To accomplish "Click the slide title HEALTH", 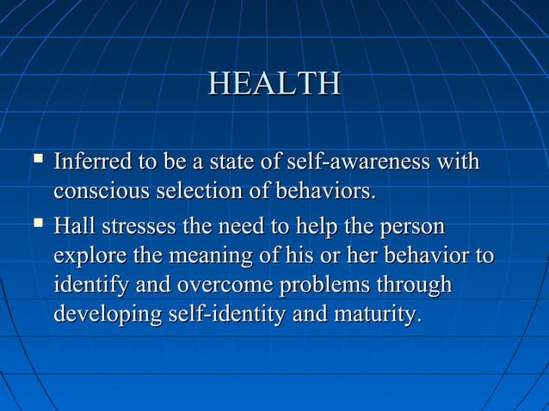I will point(274,84).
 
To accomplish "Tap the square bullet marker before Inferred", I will point(35,160).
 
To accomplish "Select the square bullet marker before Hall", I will point(35,227).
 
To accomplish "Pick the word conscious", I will point(96,188).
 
